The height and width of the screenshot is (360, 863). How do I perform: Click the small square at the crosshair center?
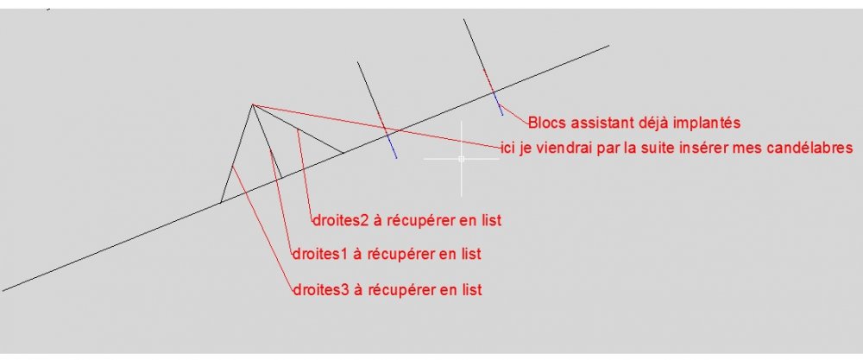pos(461,159)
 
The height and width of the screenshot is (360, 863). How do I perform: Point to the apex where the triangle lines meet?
pos(253,104)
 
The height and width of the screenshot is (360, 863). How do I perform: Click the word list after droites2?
pos(491,221)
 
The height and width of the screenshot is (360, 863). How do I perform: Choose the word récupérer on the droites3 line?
pos(398,289)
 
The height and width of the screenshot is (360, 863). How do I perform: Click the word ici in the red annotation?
pos(508,148)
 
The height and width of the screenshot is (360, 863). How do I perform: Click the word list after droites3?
pos(471,289)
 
